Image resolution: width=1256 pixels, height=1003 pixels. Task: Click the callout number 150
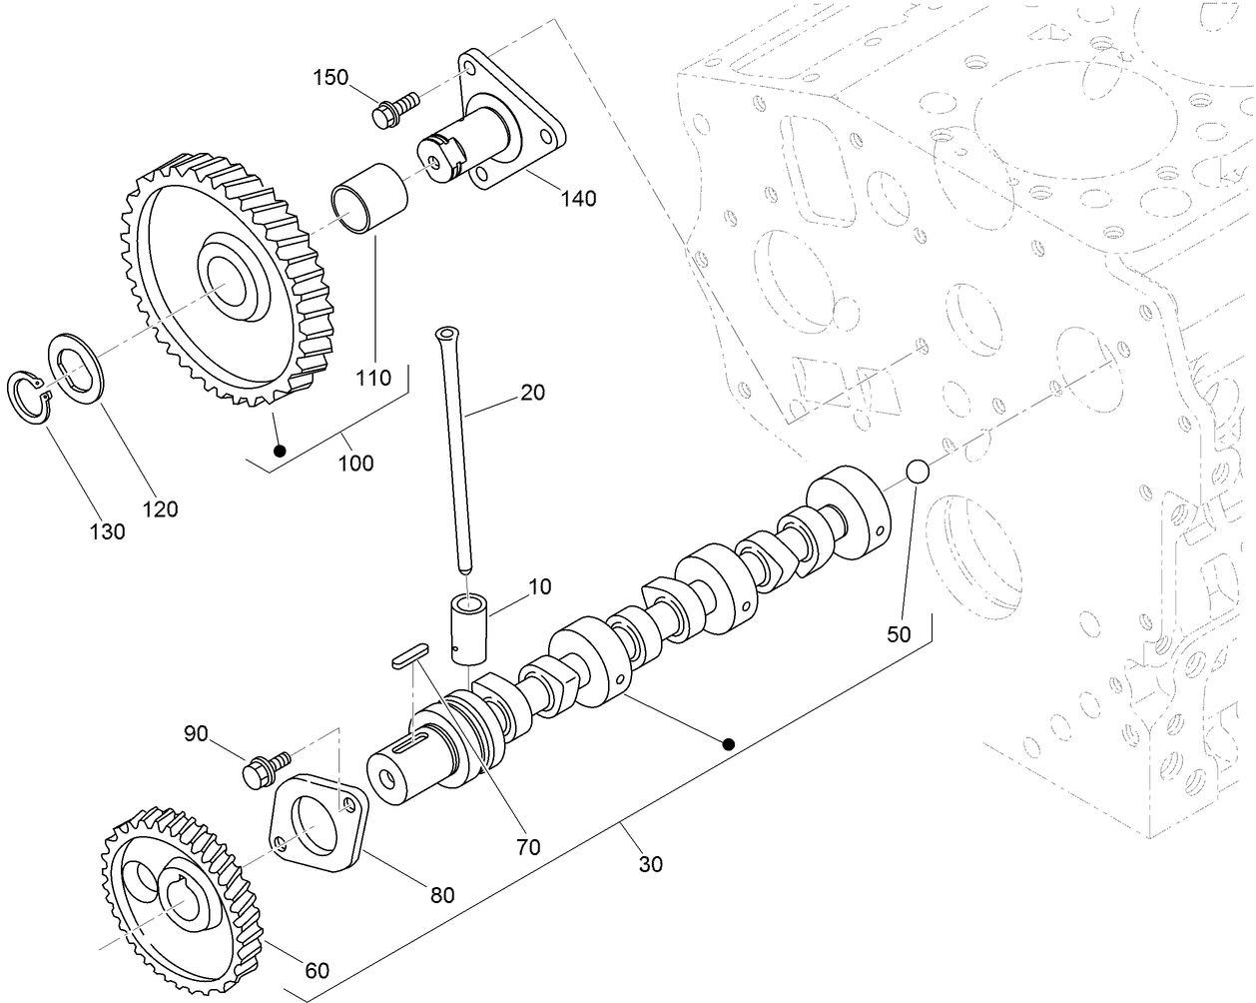click(x=330, y=77)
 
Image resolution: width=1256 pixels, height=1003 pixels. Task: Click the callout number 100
click(x=355, y=463)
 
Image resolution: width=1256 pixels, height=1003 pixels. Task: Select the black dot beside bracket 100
click(x=280, y=452)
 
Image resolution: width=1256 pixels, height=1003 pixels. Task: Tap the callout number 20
click(x=532, y=393)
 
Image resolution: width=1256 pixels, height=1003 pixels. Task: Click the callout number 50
click(x=899, y=633)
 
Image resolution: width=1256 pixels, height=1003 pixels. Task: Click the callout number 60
click(x=315, y=970)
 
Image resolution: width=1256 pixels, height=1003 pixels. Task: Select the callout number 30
click(x=650, y=864)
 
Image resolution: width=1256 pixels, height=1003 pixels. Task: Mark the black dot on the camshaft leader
click(x=729, y=743)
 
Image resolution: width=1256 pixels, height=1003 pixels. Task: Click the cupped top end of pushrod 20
click(x=446, y=333)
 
